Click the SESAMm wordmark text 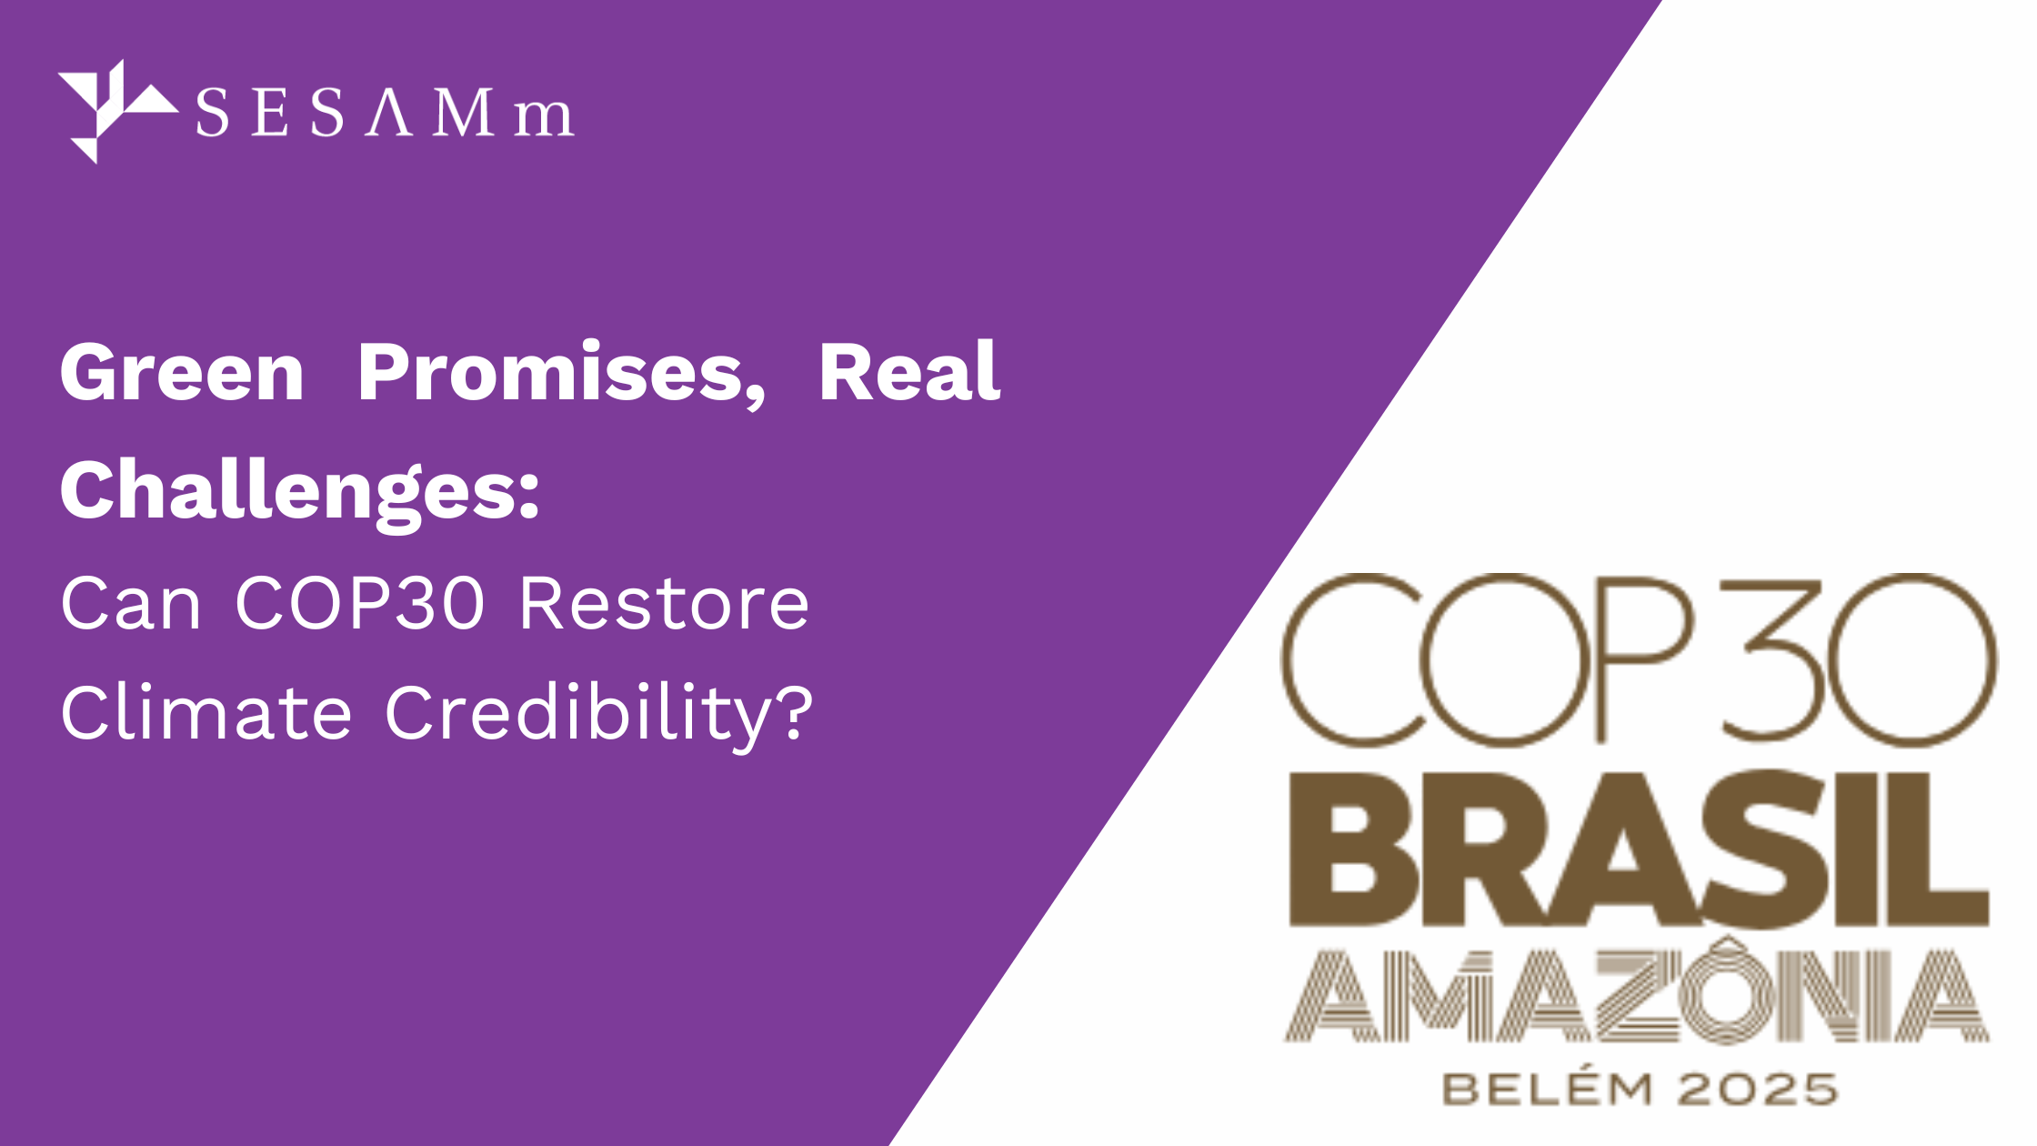385,113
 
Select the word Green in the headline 182,372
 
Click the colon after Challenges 530,497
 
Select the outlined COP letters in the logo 1488,660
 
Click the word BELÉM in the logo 1546,1088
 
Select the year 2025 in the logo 1757,1090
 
